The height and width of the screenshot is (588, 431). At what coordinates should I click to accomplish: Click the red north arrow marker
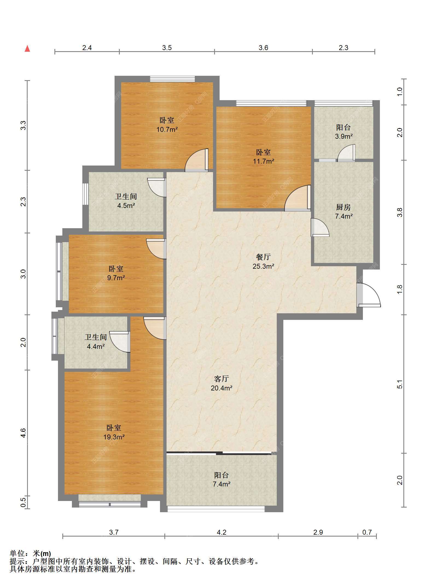27,48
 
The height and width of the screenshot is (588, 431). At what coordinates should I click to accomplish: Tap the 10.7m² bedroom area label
167,129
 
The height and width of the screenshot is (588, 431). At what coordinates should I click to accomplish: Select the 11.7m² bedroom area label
263,161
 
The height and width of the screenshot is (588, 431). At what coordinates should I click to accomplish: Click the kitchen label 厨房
343,207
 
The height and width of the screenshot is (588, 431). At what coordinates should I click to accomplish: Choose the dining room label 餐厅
263,257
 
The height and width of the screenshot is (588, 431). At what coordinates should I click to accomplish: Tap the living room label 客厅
222,379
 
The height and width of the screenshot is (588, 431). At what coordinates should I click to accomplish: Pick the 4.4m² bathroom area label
96,347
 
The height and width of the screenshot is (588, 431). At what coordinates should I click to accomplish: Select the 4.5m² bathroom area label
126,205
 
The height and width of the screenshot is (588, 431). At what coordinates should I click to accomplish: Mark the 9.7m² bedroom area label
116,278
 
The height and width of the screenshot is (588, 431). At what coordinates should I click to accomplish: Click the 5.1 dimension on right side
400,384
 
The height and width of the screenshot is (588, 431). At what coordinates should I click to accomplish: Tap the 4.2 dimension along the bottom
222,532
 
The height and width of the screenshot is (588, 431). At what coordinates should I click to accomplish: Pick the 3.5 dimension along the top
167,48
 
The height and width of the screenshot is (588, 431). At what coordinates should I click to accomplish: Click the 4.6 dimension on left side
24,433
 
